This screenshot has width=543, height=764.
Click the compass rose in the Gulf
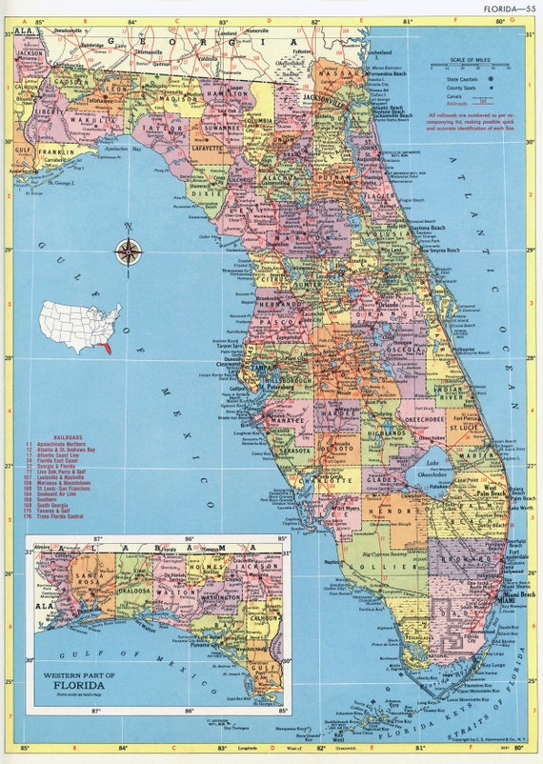tap(129, 251)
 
